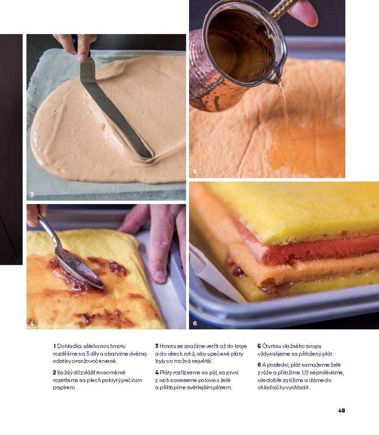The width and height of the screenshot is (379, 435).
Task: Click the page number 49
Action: [x=342, y=411]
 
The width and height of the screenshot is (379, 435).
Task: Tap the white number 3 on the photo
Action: [x=32, y=195]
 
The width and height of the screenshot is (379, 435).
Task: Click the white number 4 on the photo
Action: [x=32, y=323]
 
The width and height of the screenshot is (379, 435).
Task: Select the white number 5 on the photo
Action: [x=195, y=172]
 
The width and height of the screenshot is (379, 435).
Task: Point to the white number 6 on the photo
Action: [x=195, y=323]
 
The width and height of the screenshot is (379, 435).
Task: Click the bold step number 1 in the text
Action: [x=54, y=346]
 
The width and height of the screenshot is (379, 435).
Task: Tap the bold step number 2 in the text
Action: [x=54, y=372]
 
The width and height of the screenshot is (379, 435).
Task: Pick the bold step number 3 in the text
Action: [x=157, y=346]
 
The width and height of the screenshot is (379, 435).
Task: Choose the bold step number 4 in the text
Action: [x=157, y=372]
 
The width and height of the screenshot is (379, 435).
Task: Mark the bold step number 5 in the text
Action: [x=259, y=346]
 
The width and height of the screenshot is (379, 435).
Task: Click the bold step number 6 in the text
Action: [x=259, y=365]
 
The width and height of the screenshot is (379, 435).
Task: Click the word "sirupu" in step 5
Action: [x=314, y=346]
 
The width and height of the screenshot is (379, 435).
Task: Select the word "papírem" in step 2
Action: [x=64, y=388]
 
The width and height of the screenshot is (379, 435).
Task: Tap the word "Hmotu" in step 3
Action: [x=167, y=346]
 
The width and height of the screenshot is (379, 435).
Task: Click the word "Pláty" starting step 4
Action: [x=166, y=372]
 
